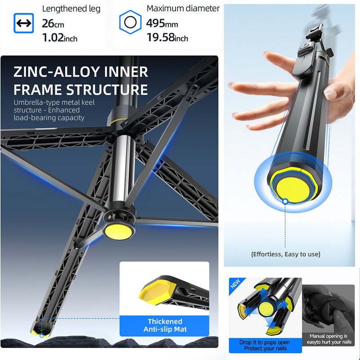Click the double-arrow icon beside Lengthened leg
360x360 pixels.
point(23,23)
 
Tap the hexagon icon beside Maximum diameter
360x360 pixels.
point(130,22)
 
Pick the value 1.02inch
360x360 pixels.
point(59,38)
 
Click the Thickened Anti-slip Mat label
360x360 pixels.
point(165,325)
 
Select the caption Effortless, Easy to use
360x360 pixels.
point(286,254)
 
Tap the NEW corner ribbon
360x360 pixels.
point(235,284)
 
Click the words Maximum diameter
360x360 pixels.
point(183,9)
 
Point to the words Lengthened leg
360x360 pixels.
point(71,9)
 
